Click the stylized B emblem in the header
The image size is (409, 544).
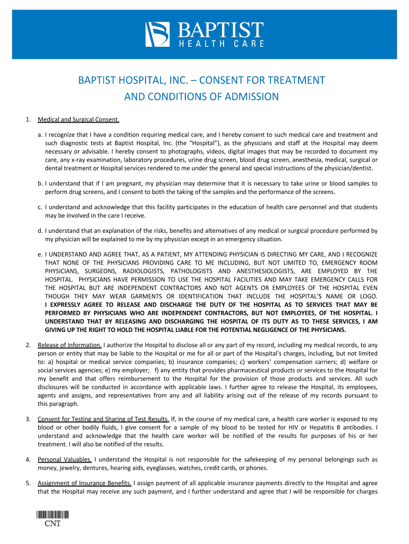pyautogui.click(x=157, y=34)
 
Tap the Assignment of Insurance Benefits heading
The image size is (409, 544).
pyautogui.click(x=84, y=483)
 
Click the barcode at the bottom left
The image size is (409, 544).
pyautogui.click(x=53, y=514)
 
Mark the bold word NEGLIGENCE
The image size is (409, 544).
pyautogui.click(x=254, y=329)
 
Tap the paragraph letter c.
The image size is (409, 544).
pyautogui.click(x=40, y=207)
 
